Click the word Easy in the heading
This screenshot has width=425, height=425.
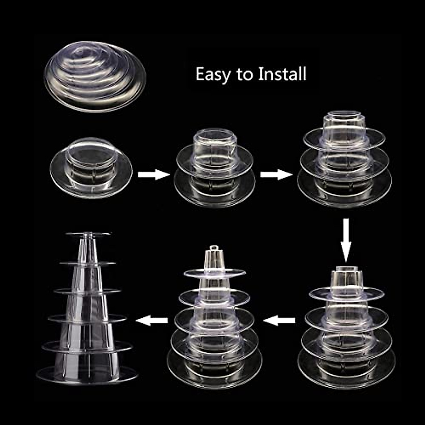click(211, 75)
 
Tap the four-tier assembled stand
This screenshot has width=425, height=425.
click(346, 326)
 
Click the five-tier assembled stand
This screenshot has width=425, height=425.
click(215, 319)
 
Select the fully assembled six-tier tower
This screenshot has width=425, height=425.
click(87, 308)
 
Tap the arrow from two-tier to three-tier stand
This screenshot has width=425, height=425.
click(276, 174)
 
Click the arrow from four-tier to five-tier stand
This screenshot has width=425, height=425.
click(280, 321)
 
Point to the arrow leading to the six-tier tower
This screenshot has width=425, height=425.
click(152, 321)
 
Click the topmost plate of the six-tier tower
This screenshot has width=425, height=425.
click(88, 234)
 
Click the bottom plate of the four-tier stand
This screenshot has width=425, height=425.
click(346, 370)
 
